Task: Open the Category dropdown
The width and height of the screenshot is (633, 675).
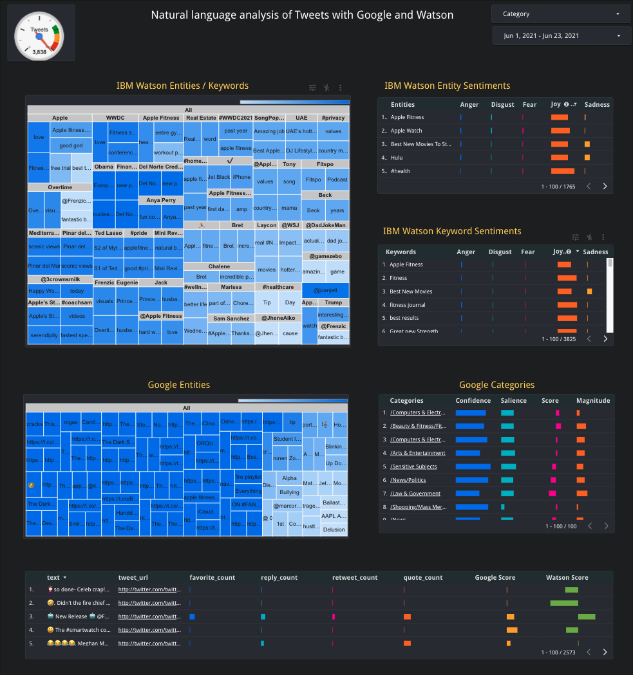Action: point(561,14)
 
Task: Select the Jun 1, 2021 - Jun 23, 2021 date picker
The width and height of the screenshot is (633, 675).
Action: point(561,36)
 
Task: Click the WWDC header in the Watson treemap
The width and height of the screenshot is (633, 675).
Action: point(115,118)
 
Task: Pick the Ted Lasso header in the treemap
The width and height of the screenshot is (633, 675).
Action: point(108,233)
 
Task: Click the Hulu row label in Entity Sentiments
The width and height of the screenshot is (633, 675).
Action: point(399,158)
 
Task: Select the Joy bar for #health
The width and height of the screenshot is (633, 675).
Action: point(562,171)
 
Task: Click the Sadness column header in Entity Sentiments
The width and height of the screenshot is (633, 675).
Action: point(596,104)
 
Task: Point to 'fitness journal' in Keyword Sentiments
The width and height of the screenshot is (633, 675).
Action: point(407,305)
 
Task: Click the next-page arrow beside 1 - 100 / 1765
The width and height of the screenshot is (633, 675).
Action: point(605,187)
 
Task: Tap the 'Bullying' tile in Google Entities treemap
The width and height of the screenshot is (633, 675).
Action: point(289,492)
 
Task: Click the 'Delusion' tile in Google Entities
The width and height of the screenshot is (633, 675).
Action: point(334,530)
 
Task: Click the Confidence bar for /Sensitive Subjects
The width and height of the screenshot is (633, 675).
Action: point(473,467)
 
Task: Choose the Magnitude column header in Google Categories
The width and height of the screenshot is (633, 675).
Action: point(592,400)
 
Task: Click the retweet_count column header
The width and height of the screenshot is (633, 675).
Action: point(355,578)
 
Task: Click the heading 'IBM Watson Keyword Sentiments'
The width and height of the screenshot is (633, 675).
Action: point(452,231)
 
